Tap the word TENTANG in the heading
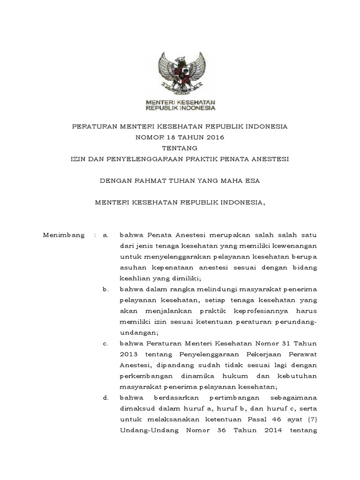coord(180,148)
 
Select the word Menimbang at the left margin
coord(64,234)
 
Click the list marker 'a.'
coord(105,234)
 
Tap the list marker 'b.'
coord(105,290)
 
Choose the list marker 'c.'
coord(105,345)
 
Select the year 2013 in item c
coord(128,355)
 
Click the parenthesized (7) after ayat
coord(313,420)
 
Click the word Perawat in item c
coord(304,355)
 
